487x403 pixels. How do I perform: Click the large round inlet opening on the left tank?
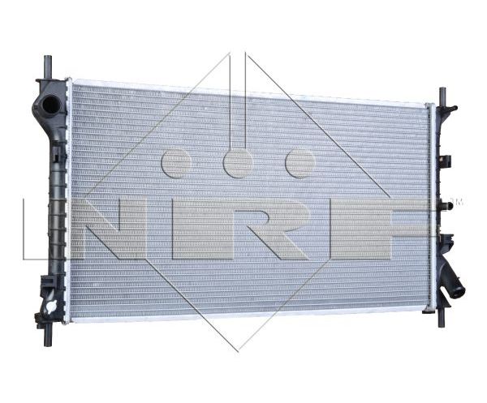tap(49, 105)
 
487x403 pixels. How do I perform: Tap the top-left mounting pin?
tap(48, 67)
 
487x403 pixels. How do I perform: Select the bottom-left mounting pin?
tap(47, 336)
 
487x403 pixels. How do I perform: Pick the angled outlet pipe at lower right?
tap(453, 281)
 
